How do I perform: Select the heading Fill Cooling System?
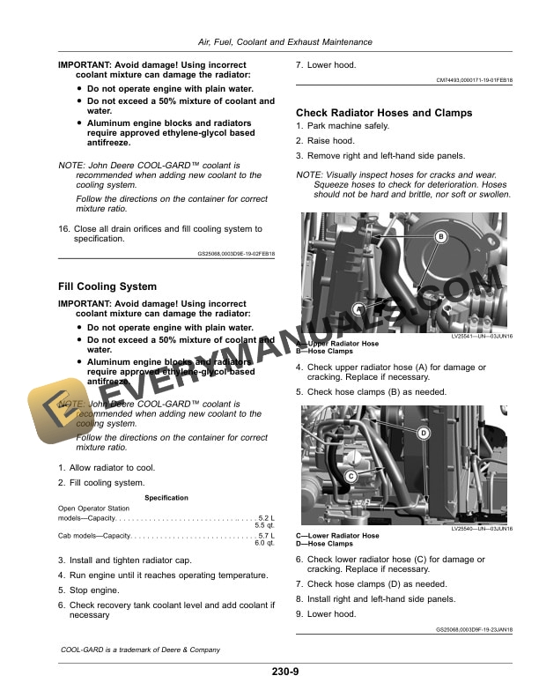point(107,286)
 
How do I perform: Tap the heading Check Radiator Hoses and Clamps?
point(383,113)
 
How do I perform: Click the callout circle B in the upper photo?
point(442,236)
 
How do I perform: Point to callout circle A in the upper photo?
point(359,309)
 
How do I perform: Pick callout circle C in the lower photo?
point(351,476)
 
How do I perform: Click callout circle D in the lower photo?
point(423,433)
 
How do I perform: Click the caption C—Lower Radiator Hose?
point(337,536)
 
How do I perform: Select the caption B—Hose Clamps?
point(326,350)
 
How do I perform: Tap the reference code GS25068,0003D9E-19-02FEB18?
point(236,254)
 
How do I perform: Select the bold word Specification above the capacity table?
point(166,498)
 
